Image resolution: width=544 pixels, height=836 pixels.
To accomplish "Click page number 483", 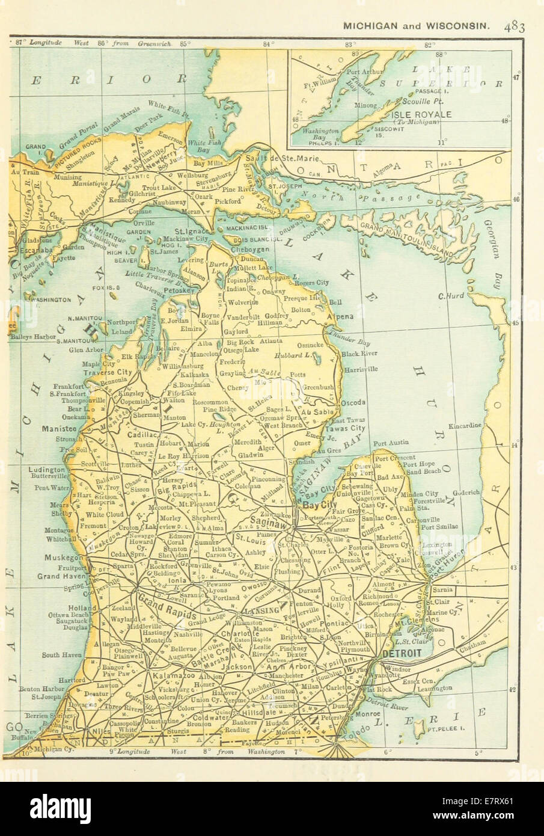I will click(515, 26).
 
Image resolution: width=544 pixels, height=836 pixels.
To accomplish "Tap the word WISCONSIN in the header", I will click(463, 26).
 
